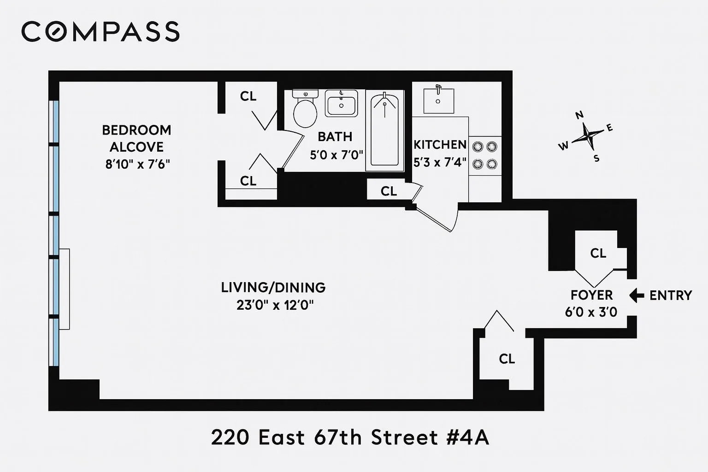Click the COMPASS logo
(x=100, y=31)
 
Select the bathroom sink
(x=341, y=103)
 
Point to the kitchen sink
(x=438, y=100)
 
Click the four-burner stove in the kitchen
(x=484, y=155)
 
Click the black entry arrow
(x=637, y=295)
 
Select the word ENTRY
(x=671, y=295)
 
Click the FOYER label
(x=591, y=295)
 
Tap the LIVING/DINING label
(x=273, y=288)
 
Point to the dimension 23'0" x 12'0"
(x=275, y=305)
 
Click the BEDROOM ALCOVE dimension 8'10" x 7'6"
(x=137, y=164)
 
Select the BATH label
(x=335, y=136)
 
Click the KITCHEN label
(x=440, y=145)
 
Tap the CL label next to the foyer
(x=598, y=253)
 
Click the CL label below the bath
(x=389, y=191)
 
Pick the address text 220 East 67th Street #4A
(x=350, y=437)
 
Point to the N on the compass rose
(x=580, y=115)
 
